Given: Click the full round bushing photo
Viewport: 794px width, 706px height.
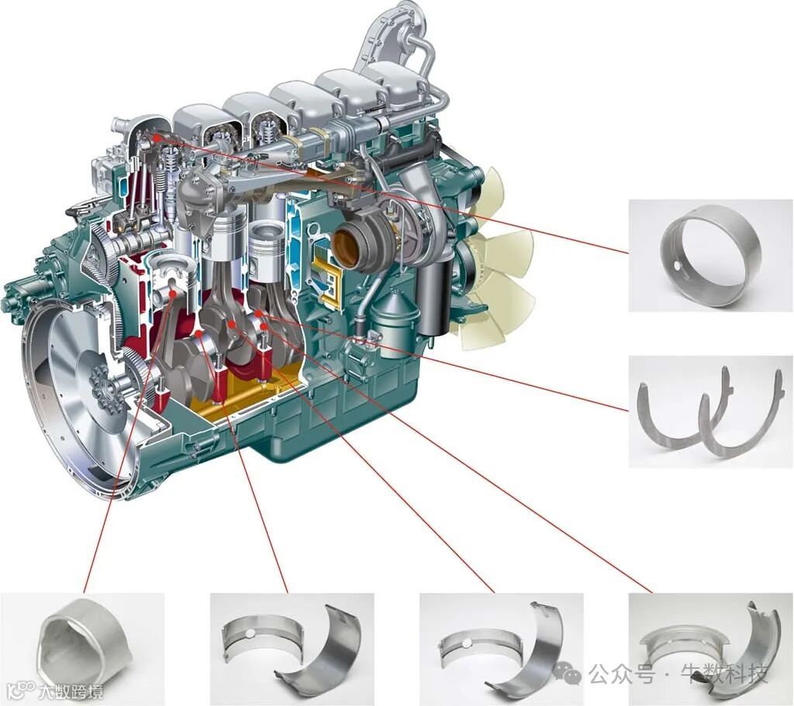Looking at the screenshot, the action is (710, 255).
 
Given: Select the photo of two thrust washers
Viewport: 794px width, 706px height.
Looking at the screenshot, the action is (710, 411).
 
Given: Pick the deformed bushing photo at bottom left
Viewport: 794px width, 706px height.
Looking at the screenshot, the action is (82, 649).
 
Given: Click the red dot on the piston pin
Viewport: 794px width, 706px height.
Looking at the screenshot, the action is (173, 293).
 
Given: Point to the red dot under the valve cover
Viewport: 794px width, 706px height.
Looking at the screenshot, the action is (157, 137).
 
